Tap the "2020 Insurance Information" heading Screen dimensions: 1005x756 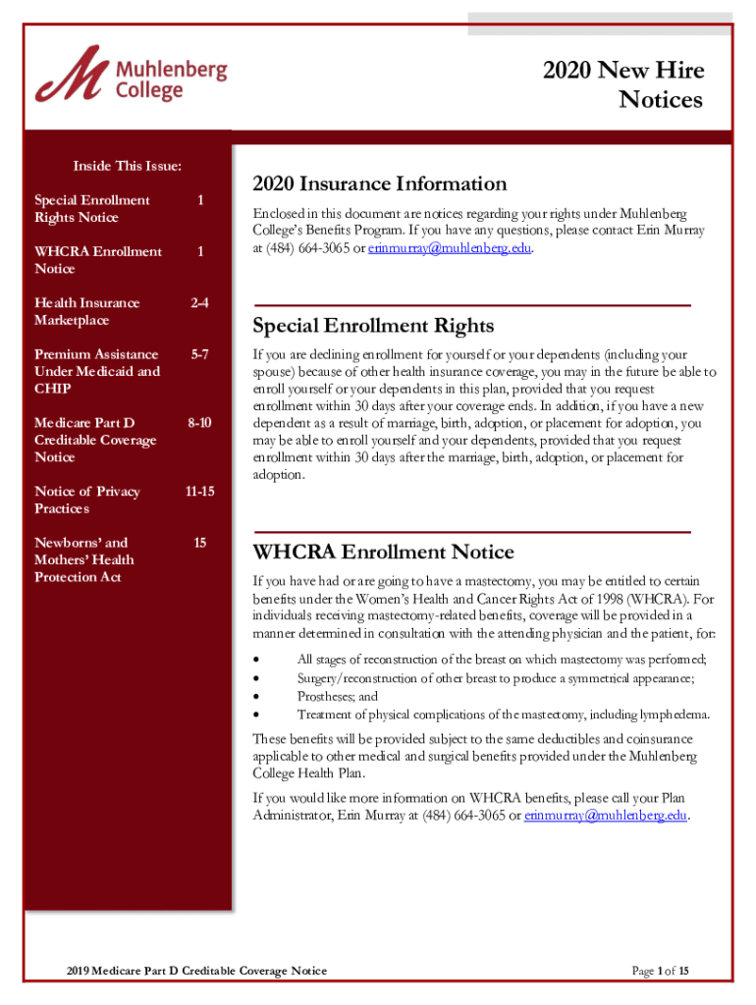coord(379,185)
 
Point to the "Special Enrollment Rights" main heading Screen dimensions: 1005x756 coord(373,326)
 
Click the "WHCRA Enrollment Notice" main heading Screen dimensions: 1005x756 coord(383,552)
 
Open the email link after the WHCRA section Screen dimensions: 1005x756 coord(605,816)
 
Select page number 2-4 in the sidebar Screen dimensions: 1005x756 coord(199,303)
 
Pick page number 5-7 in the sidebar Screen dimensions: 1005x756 coord(199,354)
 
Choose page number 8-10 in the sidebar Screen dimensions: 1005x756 coord(199,423)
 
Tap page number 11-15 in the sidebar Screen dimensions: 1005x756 coord(199,492)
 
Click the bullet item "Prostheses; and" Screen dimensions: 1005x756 coord(337,696)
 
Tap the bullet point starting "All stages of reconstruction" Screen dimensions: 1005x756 coord(501,660)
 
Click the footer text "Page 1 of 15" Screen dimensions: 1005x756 coord(660,971)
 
